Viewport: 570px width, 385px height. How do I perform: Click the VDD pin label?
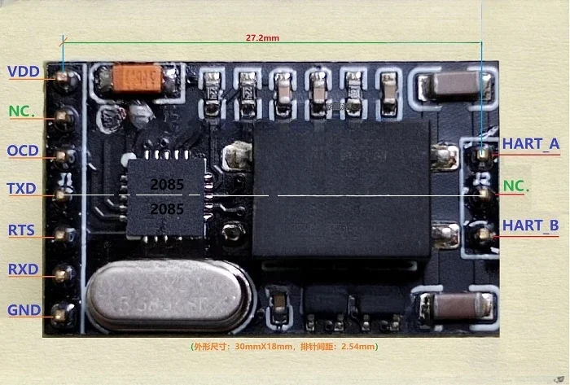[x=24, y=72]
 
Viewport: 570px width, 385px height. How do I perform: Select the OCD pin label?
[x=23, y=151]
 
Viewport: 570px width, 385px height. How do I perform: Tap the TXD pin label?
[x=22, y=189]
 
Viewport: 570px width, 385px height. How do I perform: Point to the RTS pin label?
[x=21, y=230]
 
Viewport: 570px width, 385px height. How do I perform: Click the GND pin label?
[x=23, y=309]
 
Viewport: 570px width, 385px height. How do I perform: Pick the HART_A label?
[x=530, y=145]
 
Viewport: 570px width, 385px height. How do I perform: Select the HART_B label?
[x=530, y=225]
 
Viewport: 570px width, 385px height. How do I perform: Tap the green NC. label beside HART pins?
[x=516, y=186]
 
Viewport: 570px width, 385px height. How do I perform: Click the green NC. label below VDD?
[x=22, y=111]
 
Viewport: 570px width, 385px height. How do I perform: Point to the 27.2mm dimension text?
[x=262, y=37]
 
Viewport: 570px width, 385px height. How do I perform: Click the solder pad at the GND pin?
[x=63, y=311]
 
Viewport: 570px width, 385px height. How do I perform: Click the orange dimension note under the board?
[x=284, y=347]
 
